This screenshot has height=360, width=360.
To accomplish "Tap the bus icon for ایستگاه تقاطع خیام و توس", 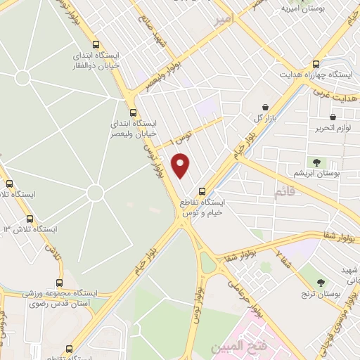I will point(202,191).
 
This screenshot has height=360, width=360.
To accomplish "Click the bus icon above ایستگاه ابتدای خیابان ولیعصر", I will point(134,112).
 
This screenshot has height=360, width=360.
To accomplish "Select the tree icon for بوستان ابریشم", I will point(318,162).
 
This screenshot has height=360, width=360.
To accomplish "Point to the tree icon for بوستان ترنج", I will point(321,283).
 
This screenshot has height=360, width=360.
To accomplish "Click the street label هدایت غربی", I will point(336,94).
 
